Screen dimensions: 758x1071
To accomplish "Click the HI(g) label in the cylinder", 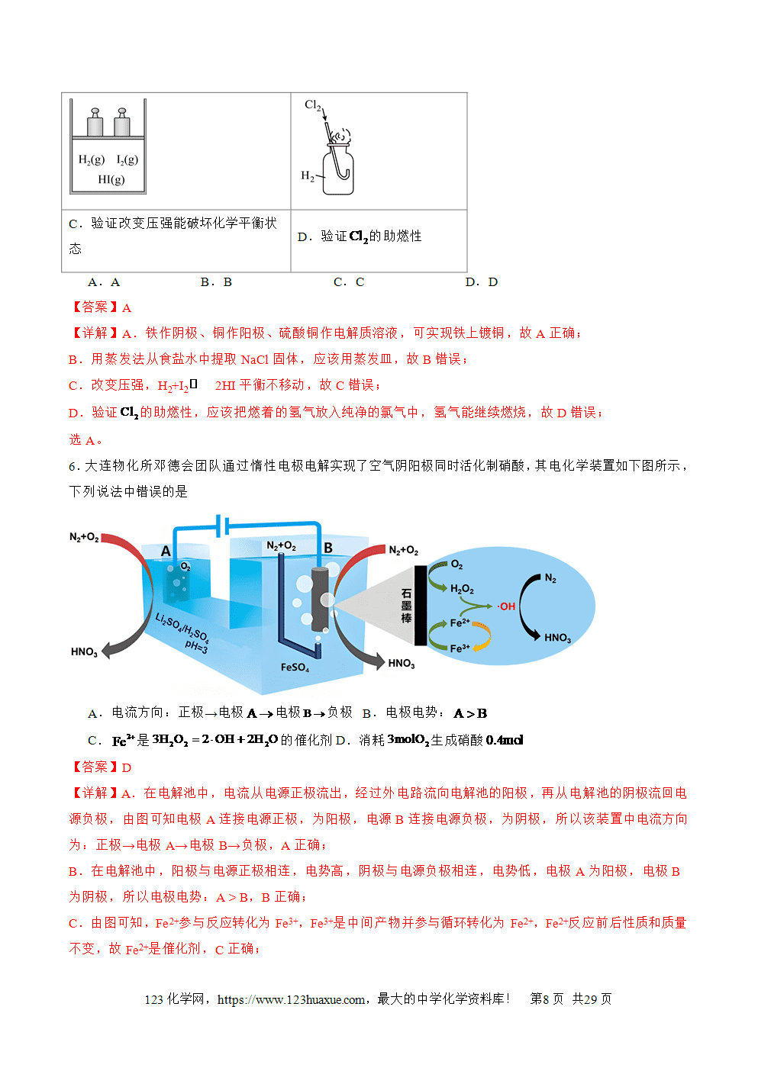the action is (111, 179).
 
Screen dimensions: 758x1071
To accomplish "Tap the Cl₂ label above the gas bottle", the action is (312, 105).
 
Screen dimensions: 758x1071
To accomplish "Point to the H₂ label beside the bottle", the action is (307, 176).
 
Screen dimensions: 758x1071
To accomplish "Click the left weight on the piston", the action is (95, 122).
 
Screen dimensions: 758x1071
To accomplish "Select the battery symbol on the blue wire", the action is (222, 526).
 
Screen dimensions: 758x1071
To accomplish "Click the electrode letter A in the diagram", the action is (166, 552).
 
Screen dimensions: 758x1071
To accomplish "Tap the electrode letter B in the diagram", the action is (328, 548).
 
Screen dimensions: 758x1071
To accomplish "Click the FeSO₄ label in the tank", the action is (295, 667).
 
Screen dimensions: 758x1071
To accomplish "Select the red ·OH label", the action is (506, 606).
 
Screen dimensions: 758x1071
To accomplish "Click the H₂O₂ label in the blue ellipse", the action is (462, 589).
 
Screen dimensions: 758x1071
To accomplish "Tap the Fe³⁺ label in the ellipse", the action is (460, 648).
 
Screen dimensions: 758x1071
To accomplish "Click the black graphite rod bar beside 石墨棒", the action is (421, 606).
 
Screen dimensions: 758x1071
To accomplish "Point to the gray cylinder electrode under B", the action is (320, 599).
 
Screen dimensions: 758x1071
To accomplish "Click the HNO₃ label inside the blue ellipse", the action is (557, 638).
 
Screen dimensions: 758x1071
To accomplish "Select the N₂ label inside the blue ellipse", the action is (550, 578).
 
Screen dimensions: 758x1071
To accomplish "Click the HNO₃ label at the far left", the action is (84, 651).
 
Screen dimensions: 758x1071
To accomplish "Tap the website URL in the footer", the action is (291, 999).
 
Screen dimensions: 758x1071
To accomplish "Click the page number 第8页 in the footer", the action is (547, 999).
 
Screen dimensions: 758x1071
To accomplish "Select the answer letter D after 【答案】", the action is (127, 768).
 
